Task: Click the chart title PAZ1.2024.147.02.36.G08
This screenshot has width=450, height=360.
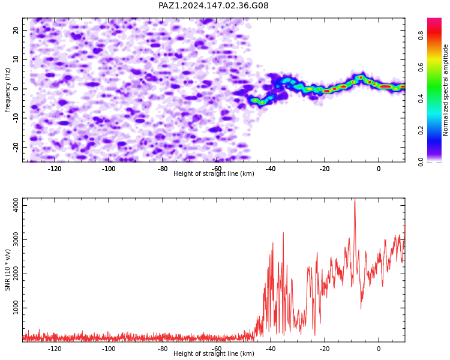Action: (x=214, y=5)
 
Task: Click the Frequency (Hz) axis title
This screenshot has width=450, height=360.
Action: (x=7, y=90)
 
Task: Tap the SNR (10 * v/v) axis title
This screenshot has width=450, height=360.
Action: (x=7, y=270)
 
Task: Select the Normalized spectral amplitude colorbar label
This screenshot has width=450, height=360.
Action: (x=445, y=90)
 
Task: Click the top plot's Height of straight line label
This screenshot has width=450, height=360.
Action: (x=214, y=173)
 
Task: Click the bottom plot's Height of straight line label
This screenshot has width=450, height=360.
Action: (x=214, y=353)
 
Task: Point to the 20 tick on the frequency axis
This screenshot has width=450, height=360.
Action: (x=16, y=30)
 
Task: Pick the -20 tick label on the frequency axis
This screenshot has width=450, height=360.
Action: (x=16, y=148)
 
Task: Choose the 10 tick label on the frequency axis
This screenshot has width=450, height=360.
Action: (x=16, y=59)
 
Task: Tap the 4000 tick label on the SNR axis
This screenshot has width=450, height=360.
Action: (x=16, y=206)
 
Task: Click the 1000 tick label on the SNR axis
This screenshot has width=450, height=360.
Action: (x=16, y=308)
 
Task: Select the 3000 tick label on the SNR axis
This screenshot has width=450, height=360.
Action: (x=16, y=240)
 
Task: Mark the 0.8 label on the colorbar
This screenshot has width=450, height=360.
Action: (x=421, y=35)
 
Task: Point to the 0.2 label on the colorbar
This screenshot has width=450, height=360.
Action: (x=421, y=130)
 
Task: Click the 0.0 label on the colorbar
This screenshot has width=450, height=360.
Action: (x=421, y=161)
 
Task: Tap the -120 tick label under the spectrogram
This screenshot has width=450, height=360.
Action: (x=55, y=169)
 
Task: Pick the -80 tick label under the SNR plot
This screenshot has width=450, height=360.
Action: (x=163, y=349)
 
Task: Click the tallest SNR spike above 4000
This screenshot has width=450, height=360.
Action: (x=355, y=199)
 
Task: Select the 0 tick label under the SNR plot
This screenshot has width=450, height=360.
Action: (x=379, y=349)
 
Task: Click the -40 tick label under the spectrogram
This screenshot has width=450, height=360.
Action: (x=271, y=169)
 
